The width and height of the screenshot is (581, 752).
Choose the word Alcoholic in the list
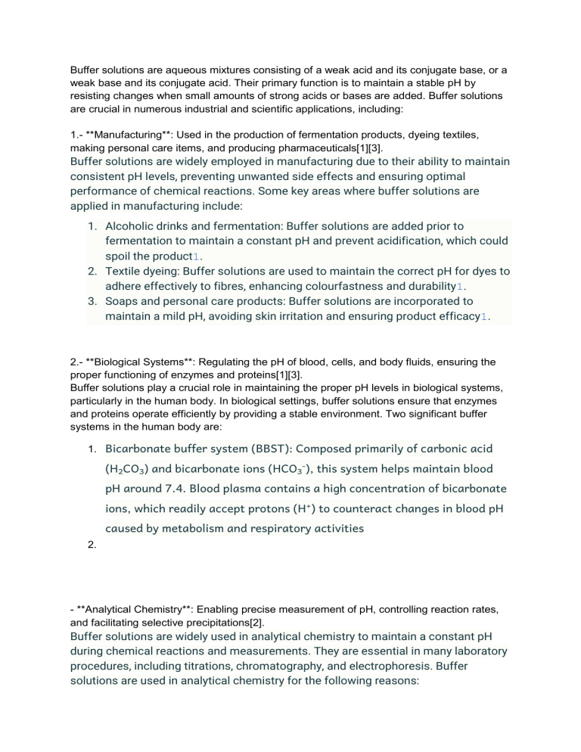(131, 226)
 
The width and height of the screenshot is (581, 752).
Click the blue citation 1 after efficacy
(484, 316)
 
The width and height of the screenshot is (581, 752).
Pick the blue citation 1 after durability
(461, 286)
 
